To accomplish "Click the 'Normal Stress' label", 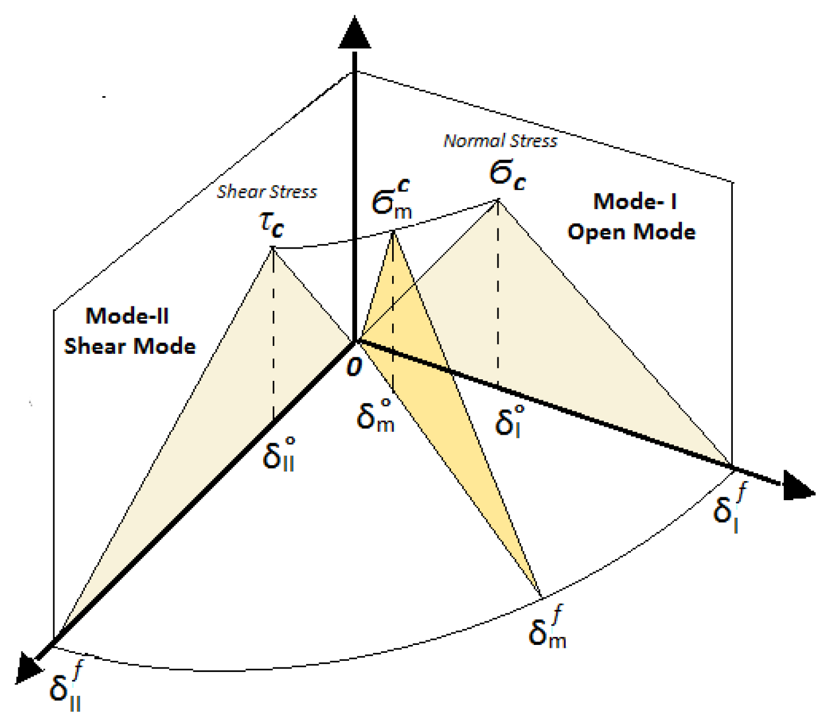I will tap(500, 141).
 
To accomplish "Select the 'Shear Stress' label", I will tap(267, 192).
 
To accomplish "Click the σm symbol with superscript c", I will tap(392, 201).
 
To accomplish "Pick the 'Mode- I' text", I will tap(635, 201).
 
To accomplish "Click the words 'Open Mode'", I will tap(631, 232).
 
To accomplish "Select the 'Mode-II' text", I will tap(127, 315).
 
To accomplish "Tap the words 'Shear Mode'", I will tap(130, 346).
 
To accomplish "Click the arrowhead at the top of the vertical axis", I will tap(355, 34).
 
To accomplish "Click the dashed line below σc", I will tap(498, 294).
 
